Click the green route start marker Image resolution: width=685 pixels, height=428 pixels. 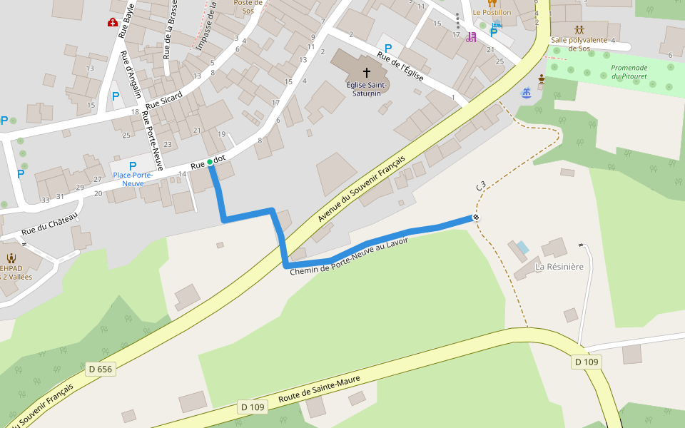click(x=210, y=162)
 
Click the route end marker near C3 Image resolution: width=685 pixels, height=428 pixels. click(x=476, y=217)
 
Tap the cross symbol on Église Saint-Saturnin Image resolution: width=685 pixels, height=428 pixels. click(x=367, y=72)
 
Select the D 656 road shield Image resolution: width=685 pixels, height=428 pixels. click(x=101, y=369)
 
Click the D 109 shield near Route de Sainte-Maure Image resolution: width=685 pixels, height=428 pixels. click(x=253, y=407)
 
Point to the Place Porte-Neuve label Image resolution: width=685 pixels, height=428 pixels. click(x=133, y=179)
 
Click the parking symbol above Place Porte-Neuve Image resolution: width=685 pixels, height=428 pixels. click(x=133, y=166)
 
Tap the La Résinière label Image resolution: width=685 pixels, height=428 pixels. click(x=559, y=267)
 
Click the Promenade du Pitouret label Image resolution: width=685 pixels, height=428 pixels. click(x=629, y=72)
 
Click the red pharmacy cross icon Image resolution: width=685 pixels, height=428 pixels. click(x=113, y=23)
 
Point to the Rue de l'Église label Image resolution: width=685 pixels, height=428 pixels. click(x=401, y=67)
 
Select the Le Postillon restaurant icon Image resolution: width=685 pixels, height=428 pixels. click(x=492, y=3)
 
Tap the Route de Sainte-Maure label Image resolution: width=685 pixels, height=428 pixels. click(x=320, y=389)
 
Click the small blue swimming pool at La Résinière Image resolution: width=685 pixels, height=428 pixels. click(x=523, y=248)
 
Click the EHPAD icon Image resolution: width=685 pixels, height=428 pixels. click(x=11, y=258)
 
